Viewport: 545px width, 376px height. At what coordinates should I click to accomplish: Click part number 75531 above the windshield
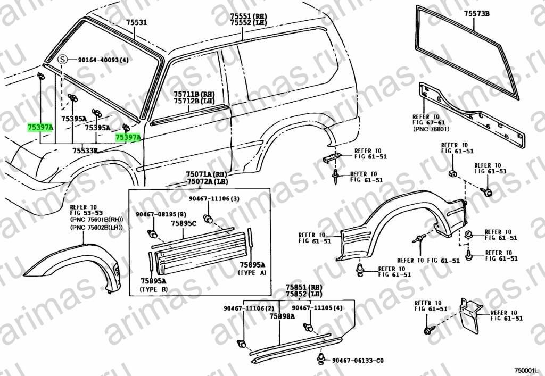coord(136,22)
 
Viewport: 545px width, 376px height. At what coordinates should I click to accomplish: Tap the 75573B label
coord(476,14)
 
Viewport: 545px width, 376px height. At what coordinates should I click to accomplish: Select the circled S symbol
coord(62,60)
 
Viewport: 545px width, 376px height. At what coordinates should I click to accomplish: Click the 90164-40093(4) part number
coord(103,60)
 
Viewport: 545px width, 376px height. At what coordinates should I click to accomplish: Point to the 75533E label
coord(85,151)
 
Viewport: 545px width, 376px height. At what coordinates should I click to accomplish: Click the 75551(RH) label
coord(248,16)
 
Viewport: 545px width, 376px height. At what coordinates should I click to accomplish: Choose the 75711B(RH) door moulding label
coord(194,94)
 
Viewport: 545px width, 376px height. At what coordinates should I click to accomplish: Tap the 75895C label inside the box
coord(183,223)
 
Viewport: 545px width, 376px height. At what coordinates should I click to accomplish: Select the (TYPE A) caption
coord(252,272)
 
